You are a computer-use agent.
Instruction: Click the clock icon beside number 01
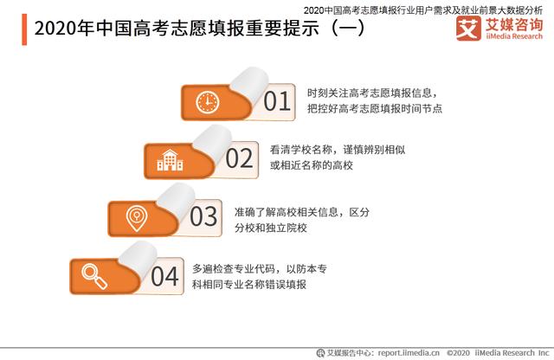(208, 101)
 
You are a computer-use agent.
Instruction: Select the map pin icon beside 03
(134, 215)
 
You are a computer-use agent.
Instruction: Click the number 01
(276, 102)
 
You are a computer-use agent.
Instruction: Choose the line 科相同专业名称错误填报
(248, 285)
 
